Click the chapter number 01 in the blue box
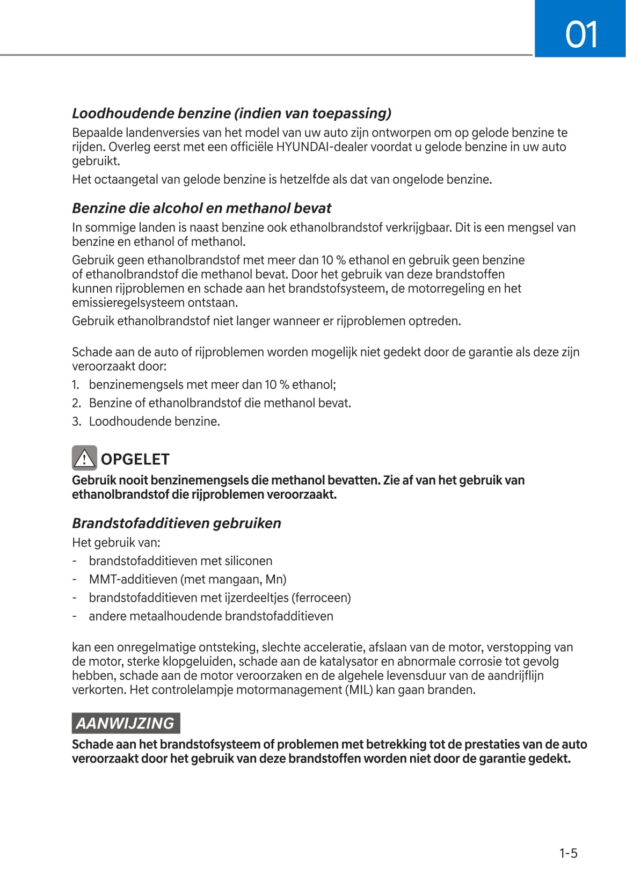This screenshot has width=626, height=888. click(x=581, y=35)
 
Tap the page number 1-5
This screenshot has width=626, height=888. click(x=568, y=853)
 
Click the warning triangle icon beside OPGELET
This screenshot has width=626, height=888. click(x=84, y=458)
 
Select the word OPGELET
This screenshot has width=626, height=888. click(x=135, y=460)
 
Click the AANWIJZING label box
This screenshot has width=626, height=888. click(x=126, y=723)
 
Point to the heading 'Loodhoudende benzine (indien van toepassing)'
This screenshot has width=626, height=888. click(x=231, y=113)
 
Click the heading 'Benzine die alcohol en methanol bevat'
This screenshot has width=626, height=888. click(x=201, y=208)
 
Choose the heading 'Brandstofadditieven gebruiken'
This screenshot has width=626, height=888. click(x=176, y=523)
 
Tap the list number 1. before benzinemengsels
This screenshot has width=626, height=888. click(x=76, y=384)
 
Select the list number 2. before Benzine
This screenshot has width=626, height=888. click(x=76, y=403)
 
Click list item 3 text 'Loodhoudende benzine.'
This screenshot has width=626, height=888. click(x=155, y=421)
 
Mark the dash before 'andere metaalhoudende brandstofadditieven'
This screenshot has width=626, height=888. click(x=75, y=616)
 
